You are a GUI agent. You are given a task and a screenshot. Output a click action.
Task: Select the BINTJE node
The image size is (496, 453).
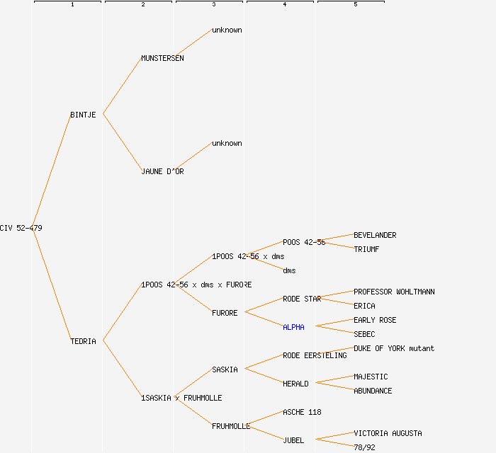83,115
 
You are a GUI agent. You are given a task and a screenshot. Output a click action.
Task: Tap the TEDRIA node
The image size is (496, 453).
83,341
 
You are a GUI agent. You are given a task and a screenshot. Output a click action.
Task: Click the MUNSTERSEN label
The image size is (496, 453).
162,58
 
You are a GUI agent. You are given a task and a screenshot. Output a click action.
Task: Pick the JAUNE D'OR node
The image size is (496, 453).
162,171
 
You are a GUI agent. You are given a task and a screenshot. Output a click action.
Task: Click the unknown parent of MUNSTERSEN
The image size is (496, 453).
227,30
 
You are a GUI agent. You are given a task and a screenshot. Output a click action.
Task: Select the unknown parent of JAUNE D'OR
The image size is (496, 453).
227,143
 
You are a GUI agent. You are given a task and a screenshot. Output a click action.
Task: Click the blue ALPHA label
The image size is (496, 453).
293,327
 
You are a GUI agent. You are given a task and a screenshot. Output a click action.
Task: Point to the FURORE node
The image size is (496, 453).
225,313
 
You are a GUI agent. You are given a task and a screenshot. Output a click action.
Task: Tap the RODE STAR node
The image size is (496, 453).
302,299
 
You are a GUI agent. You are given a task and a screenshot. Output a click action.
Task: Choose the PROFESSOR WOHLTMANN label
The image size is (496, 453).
394,292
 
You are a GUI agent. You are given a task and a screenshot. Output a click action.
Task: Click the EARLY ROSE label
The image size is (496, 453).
375,320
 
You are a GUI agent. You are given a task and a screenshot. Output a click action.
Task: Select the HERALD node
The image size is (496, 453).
295,384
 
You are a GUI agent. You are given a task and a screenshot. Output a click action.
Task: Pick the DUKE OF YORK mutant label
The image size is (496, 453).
394,348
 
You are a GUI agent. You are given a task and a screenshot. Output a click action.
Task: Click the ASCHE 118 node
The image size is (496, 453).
302,412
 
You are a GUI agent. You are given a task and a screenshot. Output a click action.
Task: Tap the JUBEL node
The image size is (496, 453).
293,440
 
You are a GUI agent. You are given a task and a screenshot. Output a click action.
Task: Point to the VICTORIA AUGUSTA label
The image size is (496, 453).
388,433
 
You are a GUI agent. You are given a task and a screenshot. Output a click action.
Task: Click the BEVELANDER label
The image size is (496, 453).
375,235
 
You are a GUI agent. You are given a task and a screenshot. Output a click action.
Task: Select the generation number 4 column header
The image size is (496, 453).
284,5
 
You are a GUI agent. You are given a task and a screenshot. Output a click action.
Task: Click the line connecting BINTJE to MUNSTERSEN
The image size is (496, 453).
122,86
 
